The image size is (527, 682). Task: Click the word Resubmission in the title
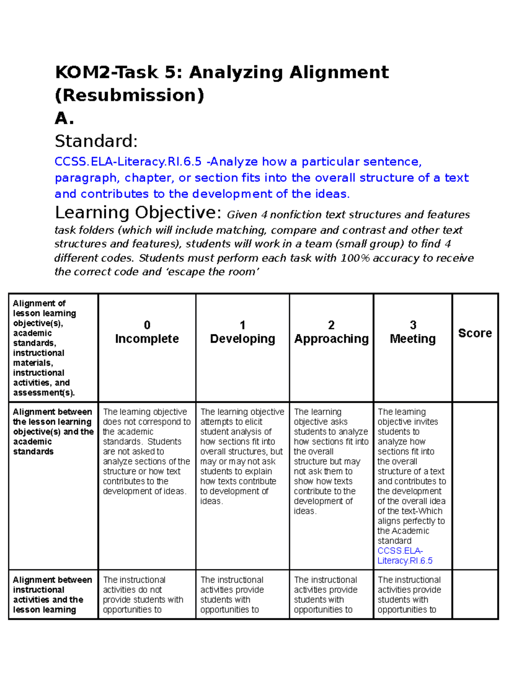pyautogui.click(x=130, y=95)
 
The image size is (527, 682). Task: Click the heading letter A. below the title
pyautogui.click(x=64, y=118)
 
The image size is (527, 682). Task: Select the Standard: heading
pyautogui.click(x=96, y=141)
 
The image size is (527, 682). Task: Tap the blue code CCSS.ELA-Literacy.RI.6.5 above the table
pyautogui.click(x=128, y=162)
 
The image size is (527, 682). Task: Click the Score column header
pyautogui.click(x=475, y=333)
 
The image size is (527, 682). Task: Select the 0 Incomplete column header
pyautogui.click(x=147, y=332)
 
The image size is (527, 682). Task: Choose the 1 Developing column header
pyautogui.click(x=242, y=332)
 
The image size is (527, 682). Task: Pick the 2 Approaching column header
pyautogui.click(x=331, y=332)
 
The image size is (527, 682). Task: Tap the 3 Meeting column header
pyautogui.click(x=413, y=332)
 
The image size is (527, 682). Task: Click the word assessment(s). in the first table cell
pyautogui.click(x=44, y=393)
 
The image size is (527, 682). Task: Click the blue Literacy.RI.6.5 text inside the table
pyautogui.click(x=405, y=561)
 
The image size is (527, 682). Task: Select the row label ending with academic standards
pyautogui.click(x=53, y=432)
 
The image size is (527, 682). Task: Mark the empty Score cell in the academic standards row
pyautogui.click(x=475, y=485)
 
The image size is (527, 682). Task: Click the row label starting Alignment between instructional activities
pyautogui.click(x=53, y=595)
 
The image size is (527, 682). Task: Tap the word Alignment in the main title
pyautogui.click(x=339, y=72)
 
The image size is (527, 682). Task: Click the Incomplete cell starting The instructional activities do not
pyautogui.click(x=143, y=595)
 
